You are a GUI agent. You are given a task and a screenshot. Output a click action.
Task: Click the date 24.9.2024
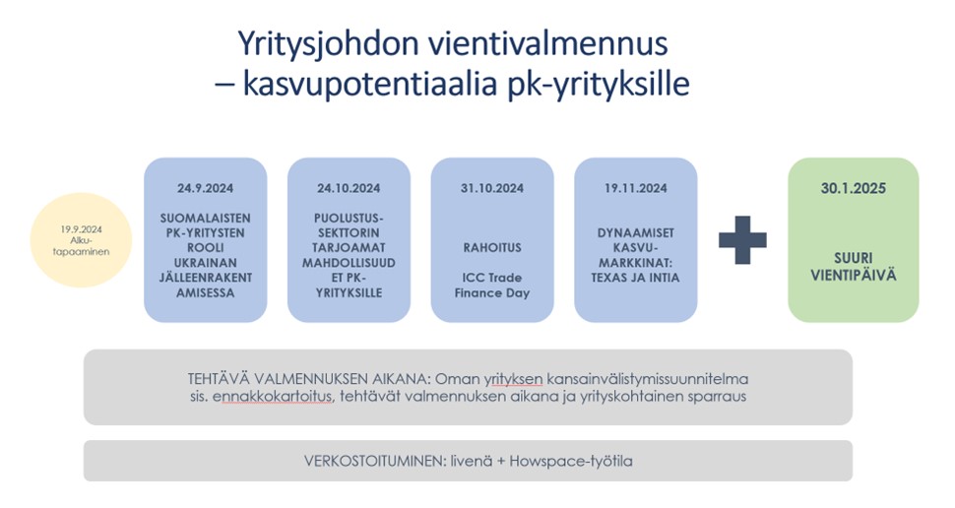(x=205, y=187)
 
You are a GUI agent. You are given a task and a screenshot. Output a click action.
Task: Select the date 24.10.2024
(x=349, y=187)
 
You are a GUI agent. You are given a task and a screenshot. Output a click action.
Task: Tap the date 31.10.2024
(x=492, y=187)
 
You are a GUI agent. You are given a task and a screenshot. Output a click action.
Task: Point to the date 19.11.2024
(x=636, y=187)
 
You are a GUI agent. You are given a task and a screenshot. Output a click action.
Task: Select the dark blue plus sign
(x=742, y=239)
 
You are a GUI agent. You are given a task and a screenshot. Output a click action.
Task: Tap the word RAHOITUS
(x=492, y=249)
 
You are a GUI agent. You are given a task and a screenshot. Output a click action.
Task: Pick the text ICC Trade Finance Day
(x=492, y=286)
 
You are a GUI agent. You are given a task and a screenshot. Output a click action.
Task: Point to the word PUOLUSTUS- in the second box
(x=349, y=217)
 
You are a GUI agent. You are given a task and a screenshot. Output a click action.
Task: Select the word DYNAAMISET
(x=636, y=232)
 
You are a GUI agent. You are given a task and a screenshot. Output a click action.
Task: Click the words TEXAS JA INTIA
(x=636, y=278)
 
